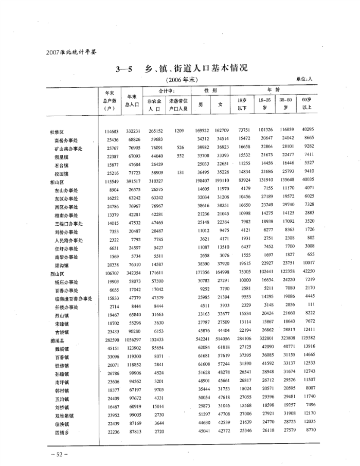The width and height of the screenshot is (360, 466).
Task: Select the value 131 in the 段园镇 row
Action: pos(180,173)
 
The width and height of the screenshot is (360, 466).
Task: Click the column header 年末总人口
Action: pos(132,101)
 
